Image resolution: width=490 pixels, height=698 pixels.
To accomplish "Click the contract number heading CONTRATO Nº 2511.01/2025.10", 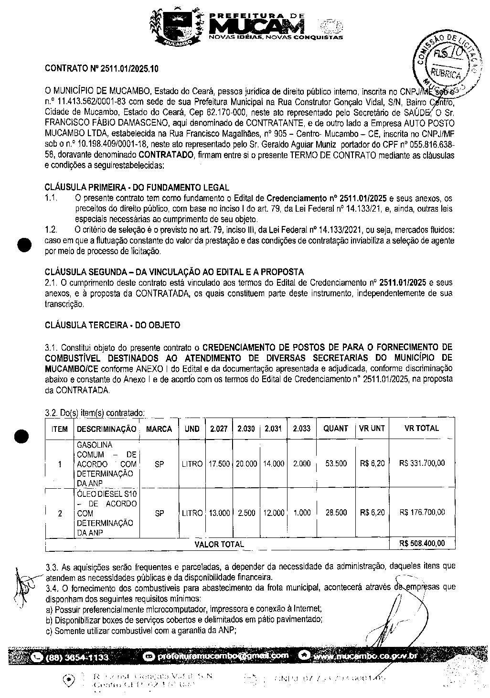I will (x=101, y=69).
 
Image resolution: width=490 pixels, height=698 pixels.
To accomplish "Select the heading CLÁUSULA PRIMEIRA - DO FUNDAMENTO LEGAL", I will (x=137, y=187).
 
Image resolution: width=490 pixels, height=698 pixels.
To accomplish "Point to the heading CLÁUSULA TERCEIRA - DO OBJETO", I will (x=112, y=325).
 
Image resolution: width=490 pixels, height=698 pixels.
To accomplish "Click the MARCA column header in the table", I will (x=159, y=429).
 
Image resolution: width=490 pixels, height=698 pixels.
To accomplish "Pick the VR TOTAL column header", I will (x=421, y=429).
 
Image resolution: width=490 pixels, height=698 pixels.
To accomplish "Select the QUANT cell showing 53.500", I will (x=336, y=464).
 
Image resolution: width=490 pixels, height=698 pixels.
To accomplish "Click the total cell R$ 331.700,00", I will (x=422, y=463).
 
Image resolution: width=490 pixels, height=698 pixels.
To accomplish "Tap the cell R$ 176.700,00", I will (x=422, y=513).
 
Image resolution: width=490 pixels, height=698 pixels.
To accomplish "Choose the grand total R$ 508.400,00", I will (x=422, y=544).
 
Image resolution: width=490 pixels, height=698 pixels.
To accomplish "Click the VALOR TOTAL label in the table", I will (x=219, y=544).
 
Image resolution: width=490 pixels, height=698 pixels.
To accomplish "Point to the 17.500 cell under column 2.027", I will (x=219, y=464).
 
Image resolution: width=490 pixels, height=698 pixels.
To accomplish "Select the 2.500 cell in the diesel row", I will (x=246, y=513).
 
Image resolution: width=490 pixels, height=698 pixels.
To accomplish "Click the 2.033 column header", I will (x=301, y=429).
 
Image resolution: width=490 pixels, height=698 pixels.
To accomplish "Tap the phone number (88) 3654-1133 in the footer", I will (x=77, y=657).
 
